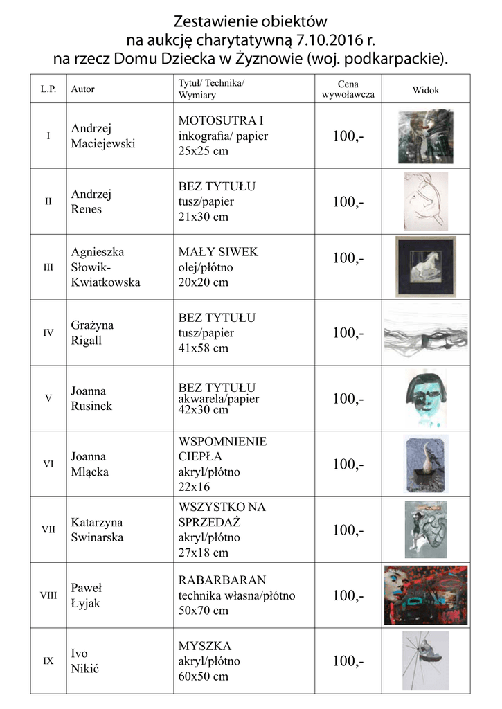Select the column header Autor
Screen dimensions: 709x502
(83, 89)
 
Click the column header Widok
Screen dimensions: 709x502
(426, 90)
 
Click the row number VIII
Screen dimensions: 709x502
(48, 595)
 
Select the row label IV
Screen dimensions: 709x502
(48, 332)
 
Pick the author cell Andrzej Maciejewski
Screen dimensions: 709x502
(103, 136)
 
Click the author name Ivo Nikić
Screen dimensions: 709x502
(85, 661)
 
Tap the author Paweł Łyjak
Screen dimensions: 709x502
(87, 595)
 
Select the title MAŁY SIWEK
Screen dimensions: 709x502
(218, 252)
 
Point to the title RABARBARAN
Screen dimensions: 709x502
(222, 580)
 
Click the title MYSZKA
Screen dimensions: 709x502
(205, 645)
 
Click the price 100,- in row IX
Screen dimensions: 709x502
(348, 661)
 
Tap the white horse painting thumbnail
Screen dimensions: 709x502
(425, 267)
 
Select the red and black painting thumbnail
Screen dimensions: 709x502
(426, 595)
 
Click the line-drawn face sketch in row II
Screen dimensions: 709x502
(425, 201)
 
